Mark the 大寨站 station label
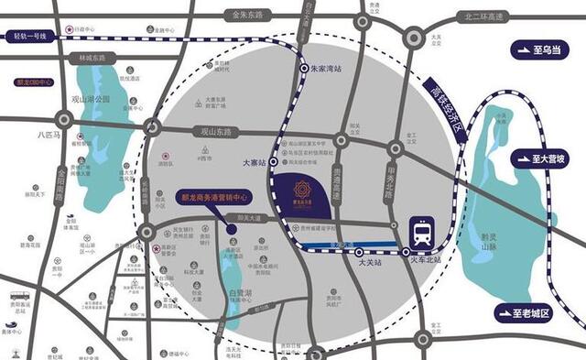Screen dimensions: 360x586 point(253,162)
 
